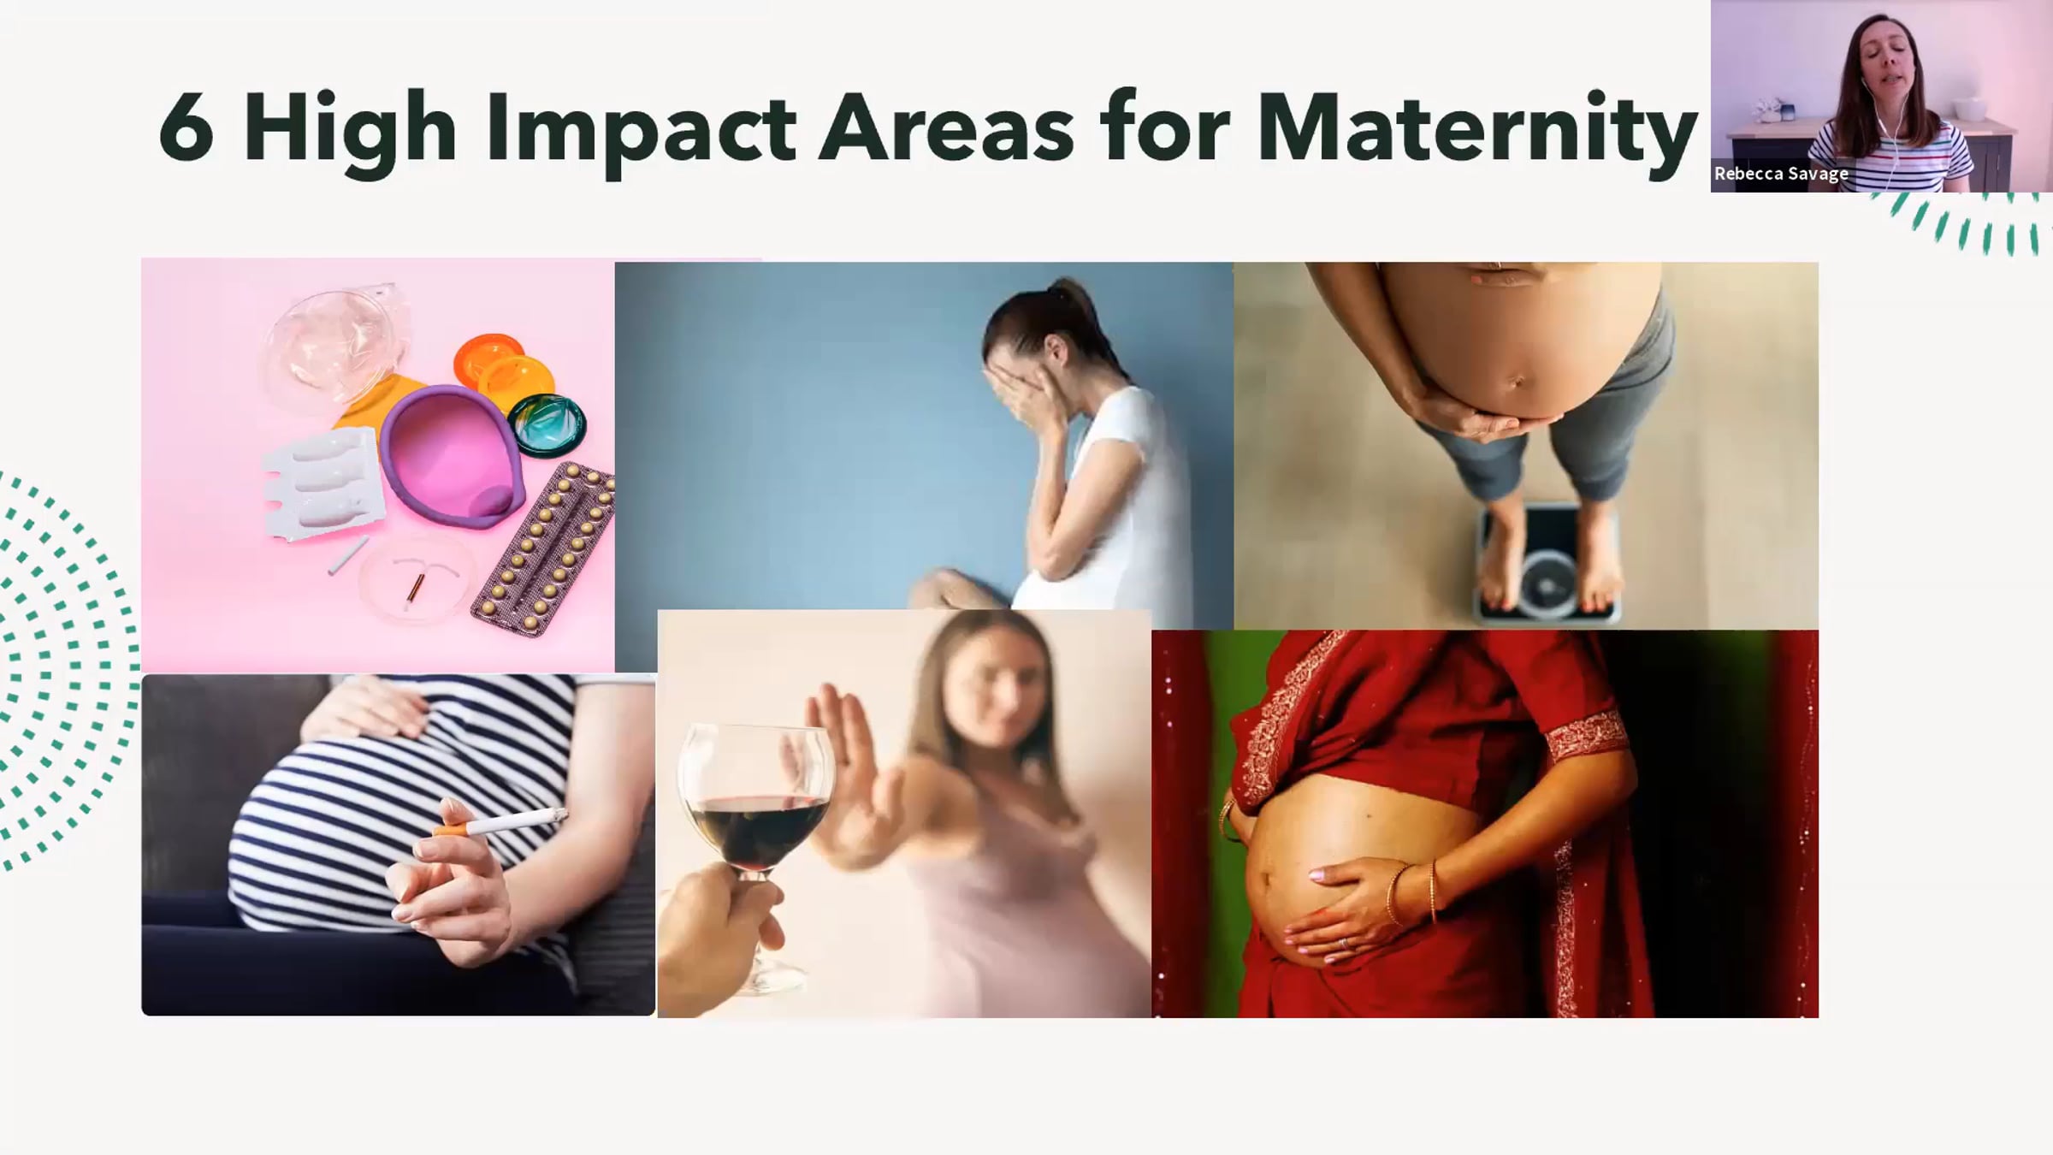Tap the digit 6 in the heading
[x=186, y=128]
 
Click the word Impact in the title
[x=641, y=133]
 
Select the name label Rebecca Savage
[x=1781, y=174]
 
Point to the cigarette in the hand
[x=500, y=824]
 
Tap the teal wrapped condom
[x=547, y=425]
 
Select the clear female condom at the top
[x=334, y=342]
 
